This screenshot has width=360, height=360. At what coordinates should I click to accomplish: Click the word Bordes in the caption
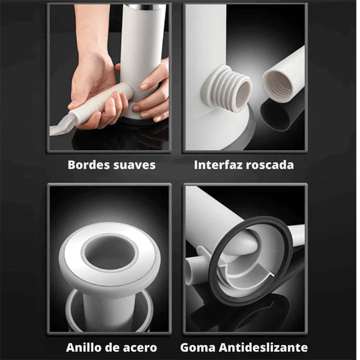pos(85,165)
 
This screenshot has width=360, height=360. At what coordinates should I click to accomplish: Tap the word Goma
pos(198,347)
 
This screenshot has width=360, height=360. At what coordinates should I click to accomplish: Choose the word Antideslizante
pos(263,347)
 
